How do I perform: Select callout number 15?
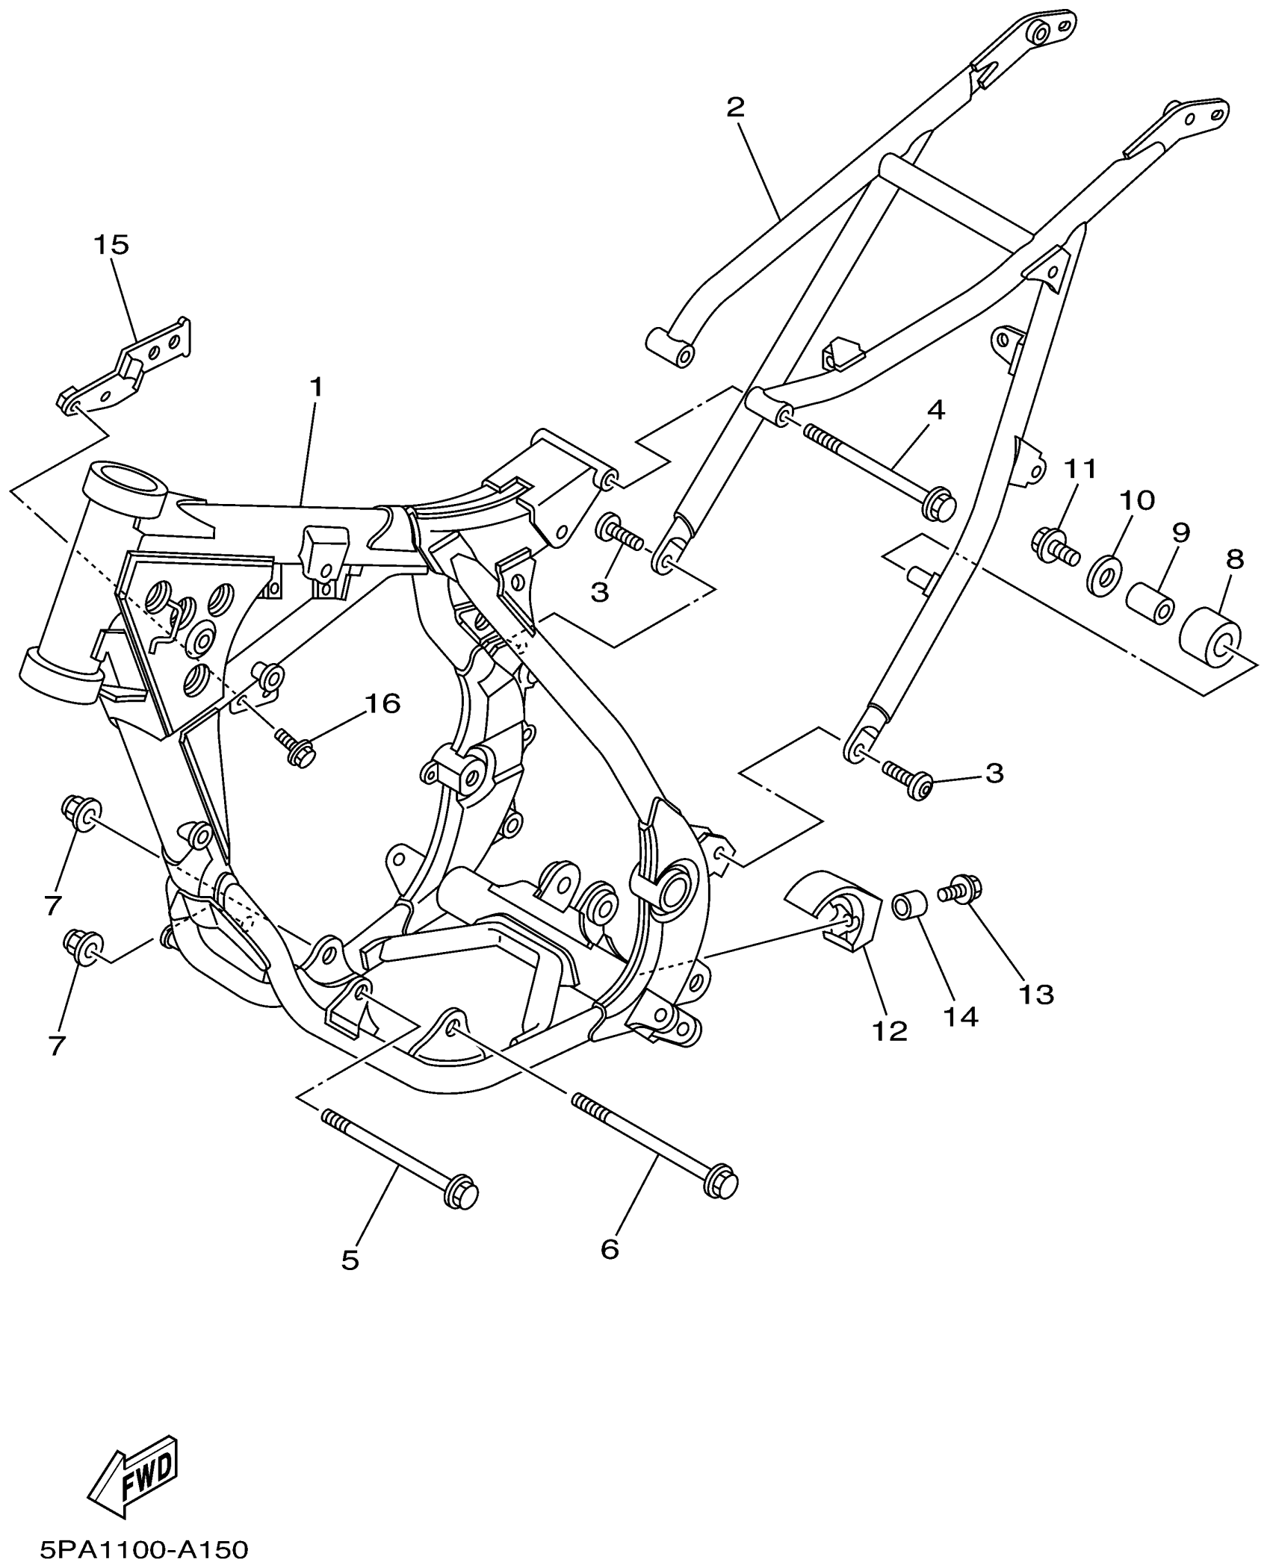point(111,245)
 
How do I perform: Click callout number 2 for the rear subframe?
point(735,108)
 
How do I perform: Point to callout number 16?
point(382,703)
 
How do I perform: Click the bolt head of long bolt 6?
point(721,1180)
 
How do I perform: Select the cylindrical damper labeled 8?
point(1210,635)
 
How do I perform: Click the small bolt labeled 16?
point(297,747)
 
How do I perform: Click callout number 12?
point(888,1032)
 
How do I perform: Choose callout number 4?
point(935,410)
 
